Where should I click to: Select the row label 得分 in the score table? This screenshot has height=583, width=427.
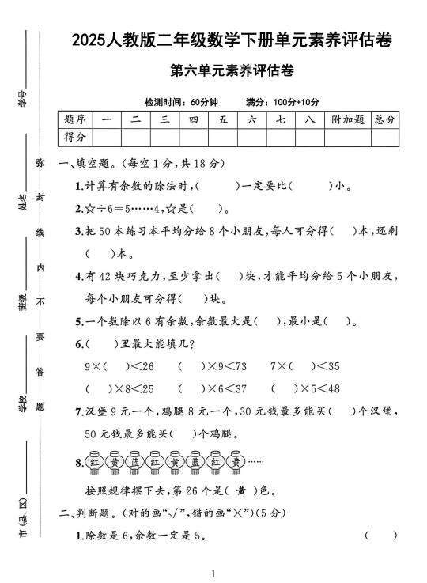click(x=75, y=138)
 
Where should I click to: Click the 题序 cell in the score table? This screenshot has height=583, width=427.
click(x=75, y=119)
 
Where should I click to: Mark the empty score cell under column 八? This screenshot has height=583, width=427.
click(x=309, y=138)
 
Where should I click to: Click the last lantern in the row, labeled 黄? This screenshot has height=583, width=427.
click(x=234, y=461)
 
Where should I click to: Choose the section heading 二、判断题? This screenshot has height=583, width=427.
click(x=89, y=513)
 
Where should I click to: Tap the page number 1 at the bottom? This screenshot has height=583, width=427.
click(x=213, y=573)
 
